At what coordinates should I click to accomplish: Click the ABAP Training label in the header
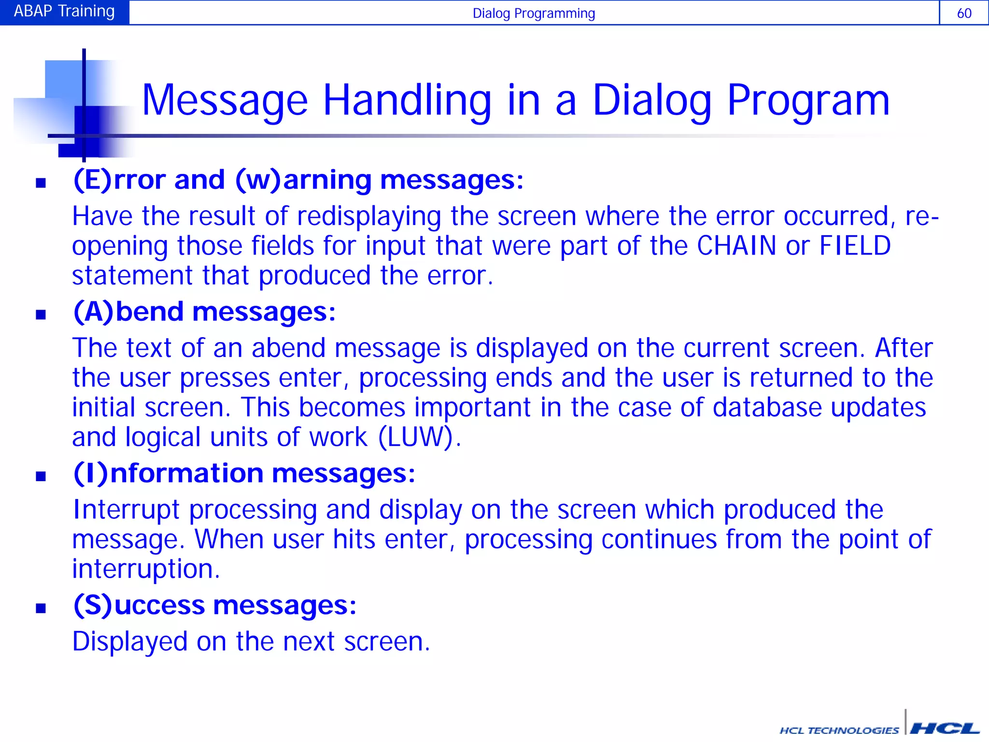(64, 12)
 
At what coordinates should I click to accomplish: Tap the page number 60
(964, 13)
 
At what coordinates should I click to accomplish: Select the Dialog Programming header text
(533, 13)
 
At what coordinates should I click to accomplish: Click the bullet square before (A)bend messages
(41, 315)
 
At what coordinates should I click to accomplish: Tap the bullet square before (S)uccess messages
(41, 608)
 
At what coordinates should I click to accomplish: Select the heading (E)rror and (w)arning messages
(298, 180)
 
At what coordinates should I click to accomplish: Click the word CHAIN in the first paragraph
(736, 246)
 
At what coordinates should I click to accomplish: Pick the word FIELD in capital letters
(855, 246)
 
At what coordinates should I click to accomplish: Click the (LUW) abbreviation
(416, 437)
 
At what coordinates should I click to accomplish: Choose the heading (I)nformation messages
(244, 473)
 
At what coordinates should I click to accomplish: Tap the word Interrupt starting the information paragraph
(126, 510)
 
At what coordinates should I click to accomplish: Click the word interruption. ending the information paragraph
(146, 569)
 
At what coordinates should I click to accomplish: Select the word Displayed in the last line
(129, 642)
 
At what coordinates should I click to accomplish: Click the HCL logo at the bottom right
(944, 728)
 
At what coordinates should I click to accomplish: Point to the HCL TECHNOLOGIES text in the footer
(839, 730)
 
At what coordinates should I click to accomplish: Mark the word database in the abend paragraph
(767, 407)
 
